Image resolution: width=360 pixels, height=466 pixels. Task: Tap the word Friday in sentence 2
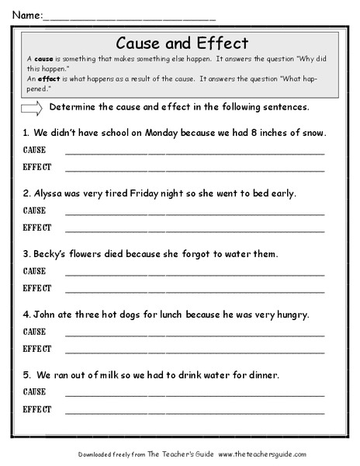click(x=157, y=193)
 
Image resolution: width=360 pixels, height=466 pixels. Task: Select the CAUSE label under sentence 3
click(x=35, y=272)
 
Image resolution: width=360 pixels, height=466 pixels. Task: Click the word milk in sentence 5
click(x=116, y=374)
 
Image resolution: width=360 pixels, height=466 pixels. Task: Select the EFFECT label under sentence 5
click(x=37, y=409)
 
